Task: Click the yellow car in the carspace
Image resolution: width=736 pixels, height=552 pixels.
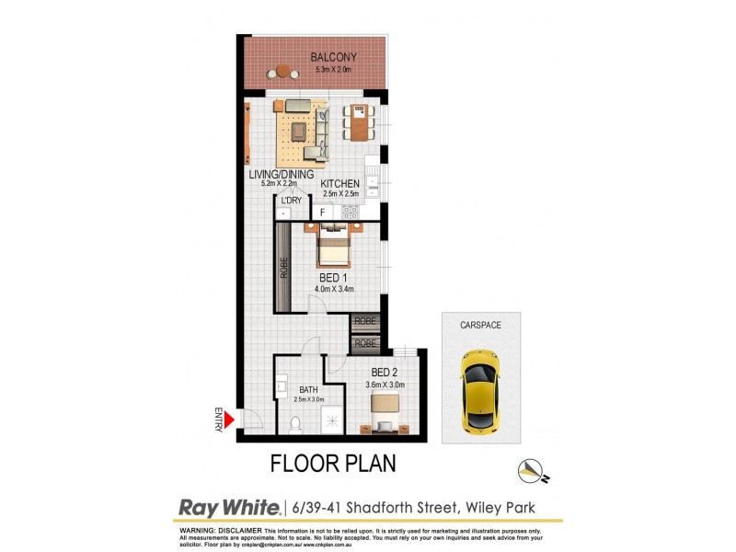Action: (x=479, y=391)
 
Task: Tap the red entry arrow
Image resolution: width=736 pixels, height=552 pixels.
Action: (x=231, y=420)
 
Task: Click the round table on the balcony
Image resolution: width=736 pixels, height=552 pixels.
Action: (x=284, y=71)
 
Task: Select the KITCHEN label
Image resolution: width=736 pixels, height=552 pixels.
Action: (x=339, y=184)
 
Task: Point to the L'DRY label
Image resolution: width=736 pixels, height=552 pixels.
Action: (x=291, y=200)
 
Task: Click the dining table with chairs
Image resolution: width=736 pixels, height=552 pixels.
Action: (x=359, y=121)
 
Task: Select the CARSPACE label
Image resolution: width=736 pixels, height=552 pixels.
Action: (x=480, y=325)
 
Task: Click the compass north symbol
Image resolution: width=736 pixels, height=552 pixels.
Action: (x=527, y=470)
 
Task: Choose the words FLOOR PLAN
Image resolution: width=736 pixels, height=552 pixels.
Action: (x=333, y=463)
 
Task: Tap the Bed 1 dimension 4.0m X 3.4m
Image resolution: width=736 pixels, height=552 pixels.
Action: (x=333, y=290)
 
